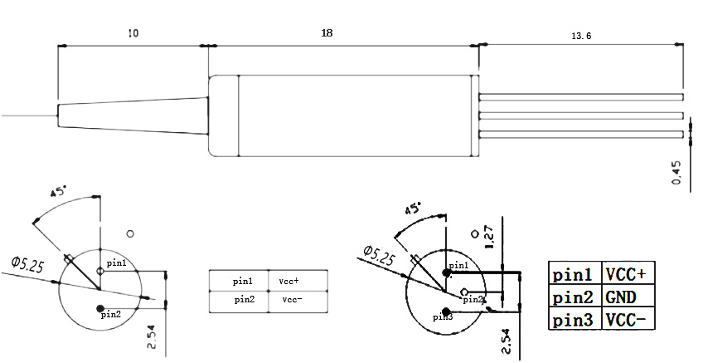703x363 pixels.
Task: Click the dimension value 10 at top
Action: pyautogui.click(x=133, y=33)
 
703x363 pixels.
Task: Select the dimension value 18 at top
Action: pyautogui.click(x=327, y=32)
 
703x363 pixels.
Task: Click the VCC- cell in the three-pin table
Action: pyautogui.click(x=625, y=320)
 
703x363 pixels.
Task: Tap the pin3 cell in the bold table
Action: pyautogui.click(x=573, y=320)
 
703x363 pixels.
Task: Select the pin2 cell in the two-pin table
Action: pyautogui.click(x=244, y=299)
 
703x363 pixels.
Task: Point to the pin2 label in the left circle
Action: pyautogui.click(x=111, y=314)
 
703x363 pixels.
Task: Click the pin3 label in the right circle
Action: pyautogui.click(x=443, y=316)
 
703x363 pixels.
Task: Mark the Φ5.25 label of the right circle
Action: pyautogui.click(x=377, y=254)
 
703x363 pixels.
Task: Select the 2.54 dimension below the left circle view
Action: pyautogui.click(x=152, y=334)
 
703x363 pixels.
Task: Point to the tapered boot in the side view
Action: pyautogui.click(x=133, y=115)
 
